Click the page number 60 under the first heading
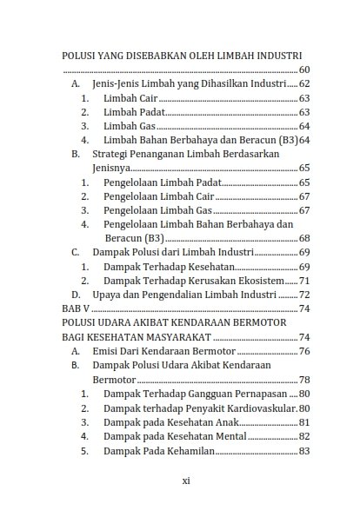pyautogui.click(x=303, y=69)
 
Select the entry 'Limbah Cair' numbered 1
pyautogui.click(x=131, y=98)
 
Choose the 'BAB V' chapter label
pyautogui.click(x=77, y=308)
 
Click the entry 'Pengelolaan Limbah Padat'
pyautogui.click(x=162, y=182)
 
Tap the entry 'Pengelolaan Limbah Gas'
pyautogui.click(x=157, y=210)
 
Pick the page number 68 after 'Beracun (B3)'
pyautogui.click(x=303, y=238)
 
